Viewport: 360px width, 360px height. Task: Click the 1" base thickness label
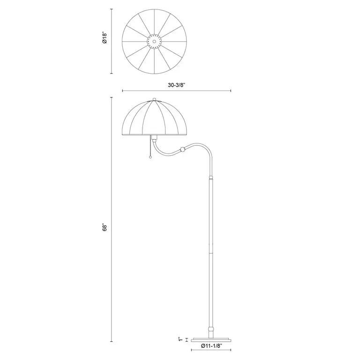tap(180, 338)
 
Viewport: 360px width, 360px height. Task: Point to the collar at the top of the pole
tap(210, 179)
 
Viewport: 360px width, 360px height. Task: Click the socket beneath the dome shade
tap(154, 139)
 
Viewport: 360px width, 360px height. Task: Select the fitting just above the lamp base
tap(210, 329)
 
